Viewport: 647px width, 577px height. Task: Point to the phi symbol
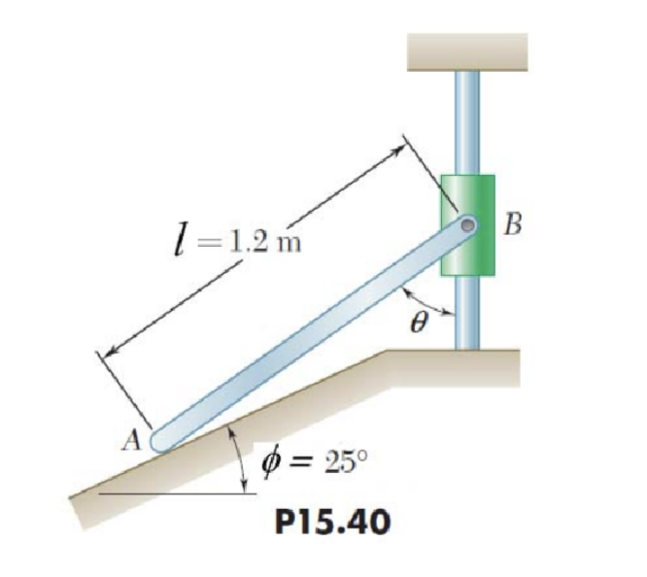click(x=269, y=460)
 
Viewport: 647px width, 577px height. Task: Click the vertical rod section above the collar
click(x=467, y=121)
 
